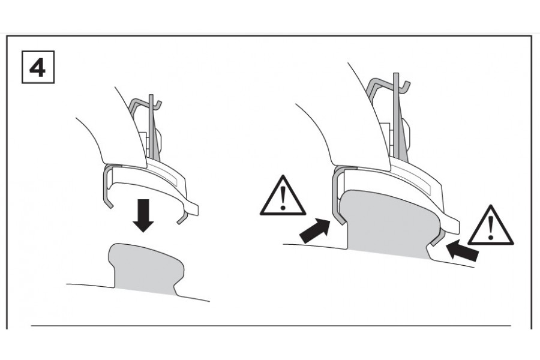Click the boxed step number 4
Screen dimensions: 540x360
click(38, 67)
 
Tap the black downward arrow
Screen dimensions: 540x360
click(143, 215)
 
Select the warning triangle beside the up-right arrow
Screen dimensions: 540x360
click(283, 196)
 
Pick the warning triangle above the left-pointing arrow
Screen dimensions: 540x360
click(491, 226)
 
